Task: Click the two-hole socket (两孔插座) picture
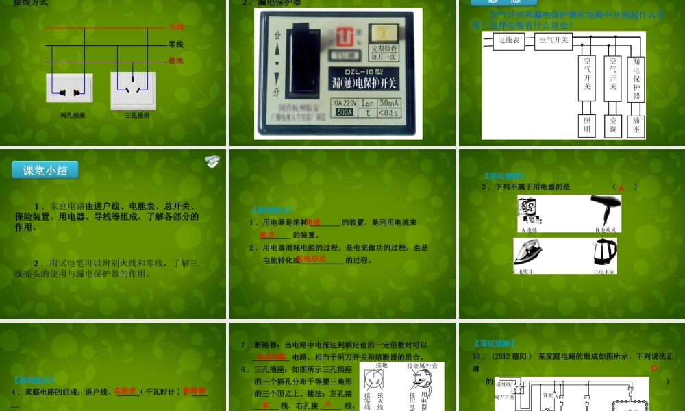pyautogui.click(x=69, y=90)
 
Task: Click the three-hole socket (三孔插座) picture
pyautogui.click(x=134, y=90)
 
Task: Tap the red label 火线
pyautogui.click(x=176, y=27)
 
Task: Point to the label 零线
pyautogui.click(x=176, y=45)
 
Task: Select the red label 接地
pyautogui.click(x=176, y=60)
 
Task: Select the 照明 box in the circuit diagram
pyautogui.click(x=587, y=125)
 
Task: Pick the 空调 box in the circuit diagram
pyautogui.click(x=613, y=125)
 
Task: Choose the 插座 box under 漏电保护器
pyautogui.click(x=636, y=125)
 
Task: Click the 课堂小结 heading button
pyautogui.click(x=45, y=171)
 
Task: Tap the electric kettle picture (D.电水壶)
pyautogui.click(x=605, y=253)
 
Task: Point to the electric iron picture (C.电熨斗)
pyautogui.click(x=532, y=253)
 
